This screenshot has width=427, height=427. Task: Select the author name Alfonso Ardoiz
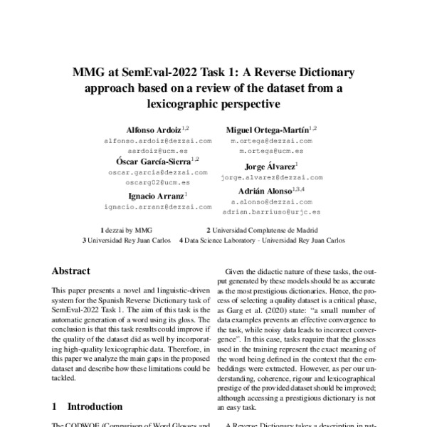[x=154, y=130]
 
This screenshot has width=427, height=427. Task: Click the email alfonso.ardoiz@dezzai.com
[x=157, y=141]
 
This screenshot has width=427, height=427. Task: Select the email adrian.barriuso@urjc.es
[x=271, y=211]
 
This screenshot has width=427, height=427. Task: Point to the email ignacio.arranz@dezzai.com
[x=157, y=206]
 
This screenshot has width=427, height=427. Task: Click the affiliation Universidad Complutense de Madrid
[x=265, y=231]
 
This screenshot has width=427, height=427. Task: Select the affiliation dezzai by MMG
[x=129, y=231]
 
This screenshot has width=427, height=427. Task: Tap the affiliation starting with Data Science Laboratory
[x=265, y=241]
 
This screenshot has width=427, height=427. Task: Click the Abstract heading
[x=71, y=271]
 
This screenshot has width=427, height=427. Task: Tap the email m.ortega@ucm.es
[x=271, y=152]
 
